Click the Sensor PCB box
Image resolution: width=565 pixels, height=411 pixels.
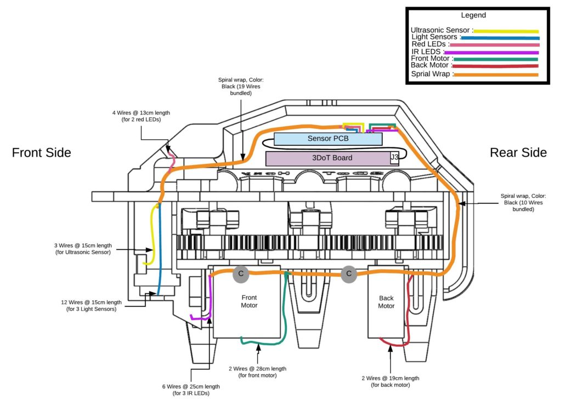tap(328, 139)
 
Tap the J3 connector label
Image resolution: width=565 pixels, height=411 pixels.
tap(394, 157)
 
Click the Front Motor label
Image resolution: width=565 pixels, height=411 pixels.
tap(249, 301)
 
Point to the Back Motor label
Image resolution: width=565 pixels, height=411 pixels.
tap(386, 302)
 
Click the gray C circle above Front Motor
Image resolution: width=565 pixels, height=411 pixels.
tap(241, 273)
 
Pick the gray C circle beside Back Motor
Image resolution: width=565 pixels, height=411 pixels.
tap(349, 274)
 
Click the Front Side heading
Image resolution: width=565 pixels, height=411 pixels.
tap(42, 152)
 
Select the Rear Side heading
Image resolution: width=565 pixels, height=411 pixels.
tap(518, 152)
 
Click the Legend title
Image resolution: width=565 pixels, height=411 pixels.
tap(473, 15)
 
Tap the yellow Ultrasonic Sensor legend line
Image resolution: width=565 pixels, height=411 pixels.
tap(506, 31)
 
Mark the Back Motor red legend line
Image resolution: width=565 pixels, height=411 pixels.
tap(495, 66)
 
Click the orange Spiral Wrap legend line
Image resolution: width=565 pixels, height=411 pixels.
tap(496, 75)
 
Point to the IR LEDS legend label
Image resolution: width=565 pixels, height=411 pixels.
tap(426, 52)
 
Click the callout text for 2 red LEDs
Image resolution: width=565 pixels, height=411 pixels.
tap(141, 116)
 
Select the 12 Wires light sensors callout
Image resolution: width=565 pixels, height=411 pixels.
tap(91, 306)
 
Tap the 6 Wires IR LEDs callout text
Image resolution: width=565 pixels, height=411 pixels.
tap(191, 390)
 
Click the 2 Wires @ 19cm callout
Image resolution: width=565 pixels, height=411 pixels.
tap(390, 381)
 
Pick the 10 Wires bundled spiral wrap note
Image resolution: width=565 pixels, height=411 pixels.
tap(523, 203)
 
